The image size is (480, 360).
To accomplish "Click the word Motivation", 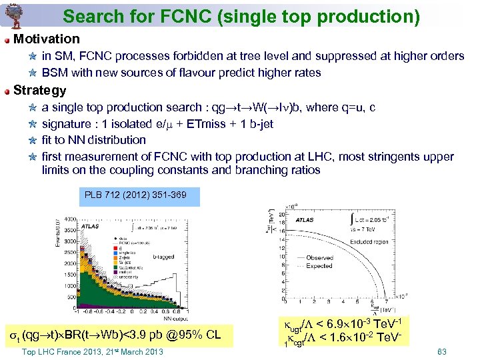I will (46, 39).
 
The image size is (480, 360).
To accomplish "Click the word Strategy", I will (39, 91).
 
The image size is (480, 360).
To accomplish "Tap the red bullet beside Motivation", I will (7, 40).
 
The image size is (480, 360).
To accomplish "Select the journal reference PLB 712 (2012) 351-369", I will (135, 195).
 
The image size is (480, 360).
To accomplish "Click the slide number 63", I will (441, 351).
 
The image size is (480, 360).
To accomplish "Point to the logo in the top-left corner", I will (11, 14).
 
